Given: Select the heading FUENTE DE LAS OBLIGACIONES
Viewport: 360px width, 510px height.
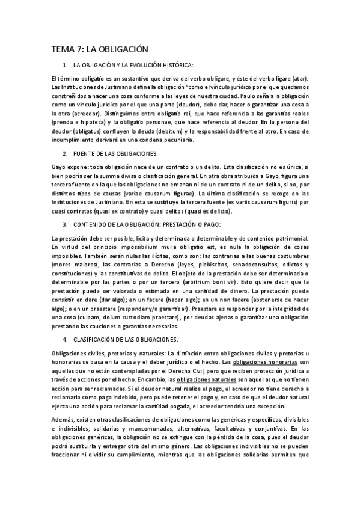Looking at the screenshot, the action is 115,154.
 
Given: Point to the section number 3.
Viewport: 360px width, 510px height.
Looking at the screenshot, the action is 64,224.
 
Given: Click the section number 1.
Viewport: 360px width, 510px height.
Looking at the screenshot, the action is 64,64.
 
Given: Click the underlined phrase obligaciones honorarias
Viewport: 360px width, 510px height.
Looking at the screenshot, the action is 264,363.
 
